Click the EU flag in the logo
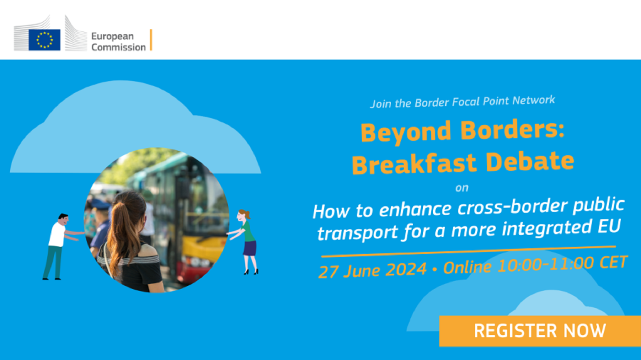pos(44,40)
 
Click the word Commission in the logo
pos(119,47)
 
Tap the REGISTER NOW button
pos(540,331)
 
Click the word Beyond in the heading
pos(406,132)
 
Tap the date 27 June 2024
pos(373,270)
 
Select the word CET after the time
pos(614,262)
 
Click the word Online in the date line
pos(467,267)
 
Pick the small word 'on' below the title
pos(462,188)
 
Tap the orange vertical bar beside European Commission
pos(151,40)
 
